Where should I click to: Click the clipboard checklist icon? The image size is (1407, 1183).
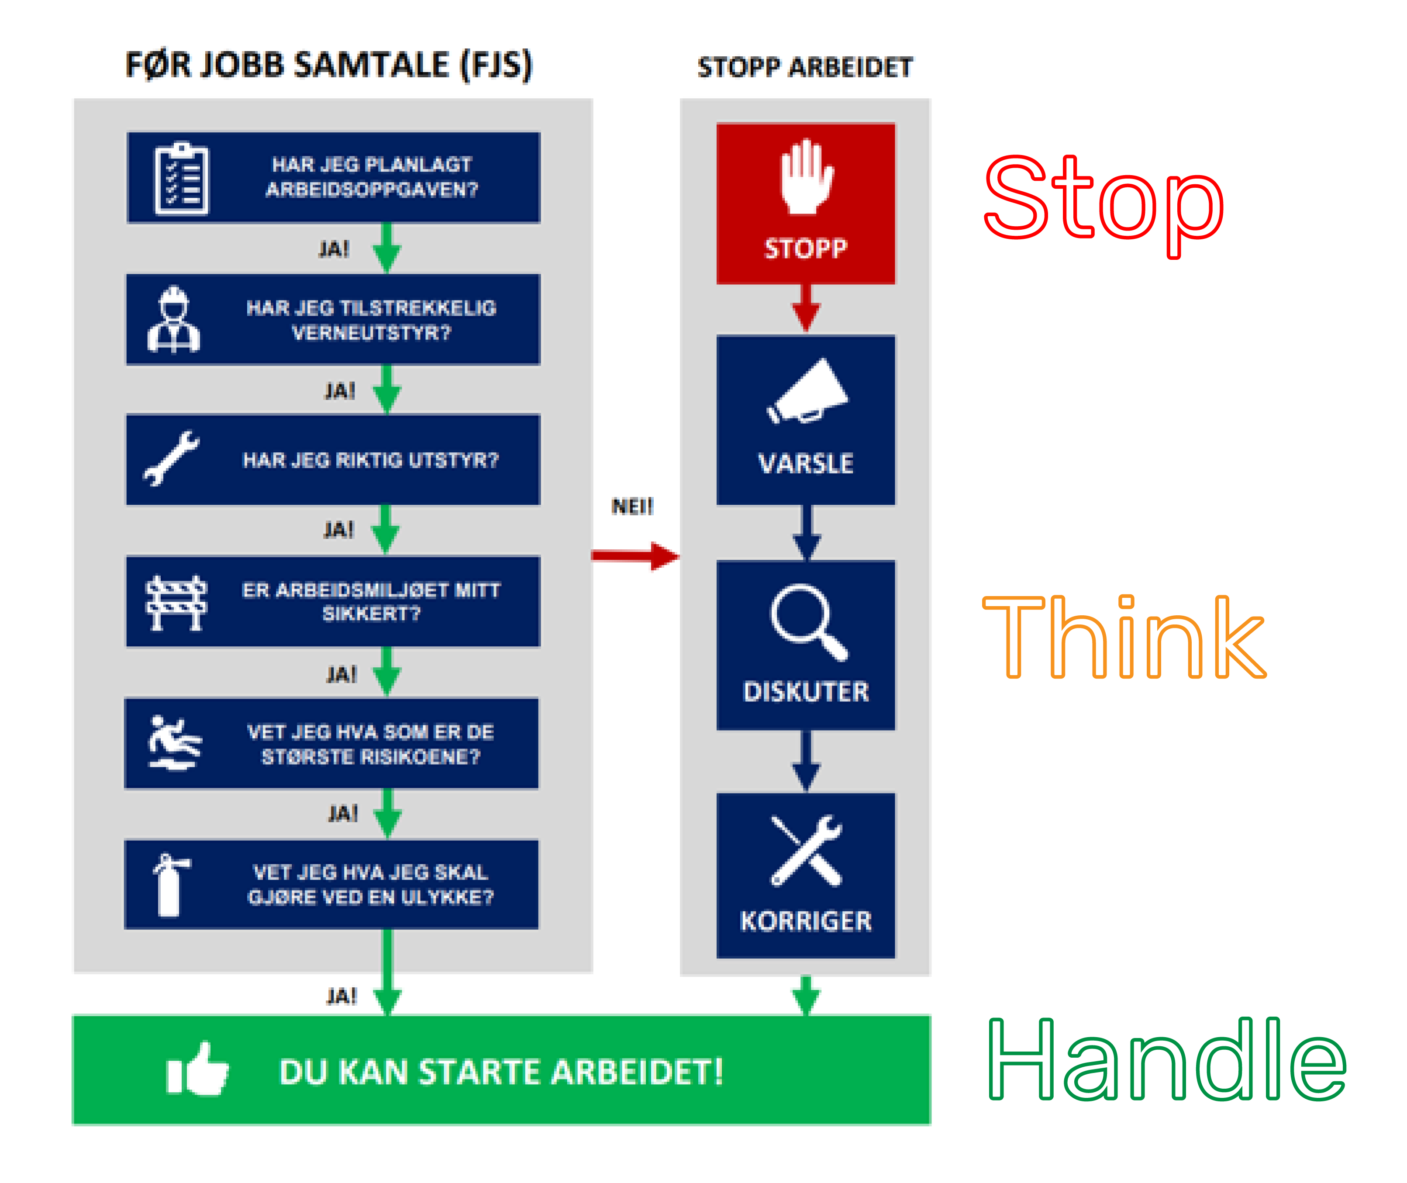point(181,178)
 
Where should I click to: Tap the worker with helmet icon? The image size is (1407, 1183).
point(174,320)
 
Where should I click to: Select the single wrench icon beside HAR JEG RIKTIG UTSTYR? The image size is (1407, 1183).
point(172,458)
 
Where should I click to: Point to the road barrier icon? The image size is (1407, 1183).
point(176,602)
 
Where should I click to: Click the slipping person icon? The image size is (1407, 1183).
point(174,743)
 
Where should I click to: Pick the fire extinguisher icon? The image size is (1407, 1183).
point(171,884)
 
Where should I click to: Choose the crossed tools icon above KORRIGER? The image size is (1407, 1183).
point(806,850)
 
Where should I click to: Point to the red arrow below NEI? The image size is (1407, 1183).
point(634,555)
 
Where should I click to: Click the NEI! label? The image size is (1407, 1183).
point(632,506)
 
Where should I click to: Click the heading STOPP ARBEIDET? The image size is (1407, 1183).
point(805,68)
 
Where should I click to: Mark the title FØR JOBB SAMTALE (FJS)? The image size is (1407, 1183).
point(329,66)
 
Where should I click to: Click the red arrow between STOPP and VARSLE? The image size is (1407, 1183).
point(806,307)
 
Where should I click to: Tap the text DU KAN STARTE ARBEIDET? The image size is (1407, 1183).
point(501,1071)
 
